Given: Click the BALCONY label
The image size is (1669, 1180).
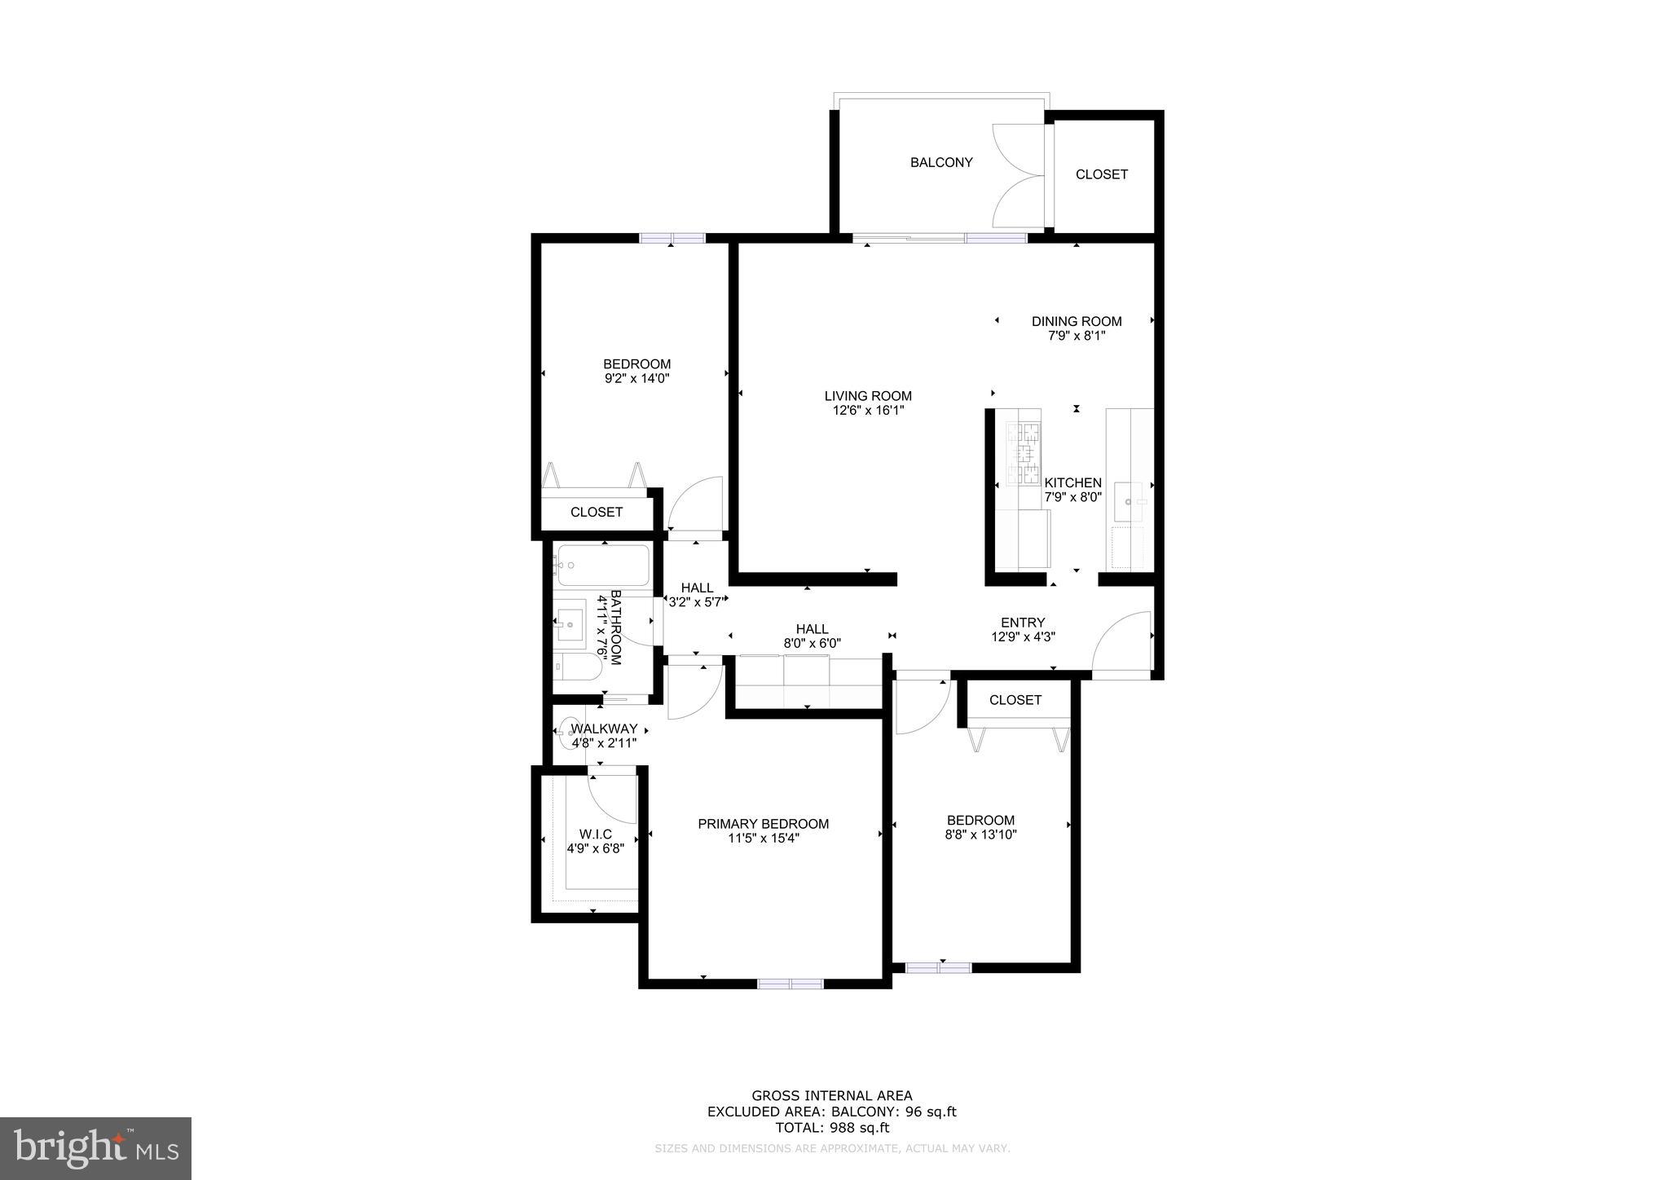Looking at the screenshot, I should point(941,162).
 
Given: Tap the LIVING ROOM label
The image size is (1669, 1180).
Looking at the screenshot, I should point(868,396).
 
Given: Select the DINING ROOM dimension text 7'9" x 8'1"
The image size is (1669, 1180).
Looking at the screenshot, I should point(1077,335).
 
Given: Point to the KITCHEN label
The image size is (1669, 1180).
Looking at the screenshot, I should point(1072,482).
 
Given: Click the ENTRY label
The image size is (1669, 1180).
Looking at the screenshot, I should point(1023,623).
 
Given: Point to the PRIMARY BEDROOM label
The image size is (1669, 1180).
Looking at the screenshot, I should point(763,824).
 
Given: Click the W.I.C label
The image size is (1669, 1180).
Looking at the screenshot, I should point(595,834).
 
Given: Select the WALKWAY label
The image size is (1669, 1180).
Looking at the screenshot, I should point(604,729).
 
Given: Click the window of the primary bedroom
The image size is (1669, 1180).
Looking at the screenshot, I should point(790,984).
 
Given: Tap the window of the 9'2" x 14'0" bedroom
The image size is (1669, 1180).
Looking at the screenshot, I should point(672,238).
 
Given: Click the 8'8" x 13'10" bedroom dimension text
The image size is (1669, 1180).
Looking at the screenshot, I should point(981,834).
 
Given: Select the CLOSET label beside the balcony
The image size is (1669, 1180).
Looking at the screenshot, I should point(1102,174).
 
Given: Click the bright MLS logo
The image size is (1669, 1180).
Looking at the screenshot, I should point(95,1148).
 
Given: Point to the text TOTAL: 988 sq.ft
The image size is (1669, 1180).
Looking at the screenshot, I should point(831,1128).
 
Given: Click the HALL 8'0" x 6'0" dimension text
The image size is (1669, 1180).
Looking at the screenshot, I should point(812,643).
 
